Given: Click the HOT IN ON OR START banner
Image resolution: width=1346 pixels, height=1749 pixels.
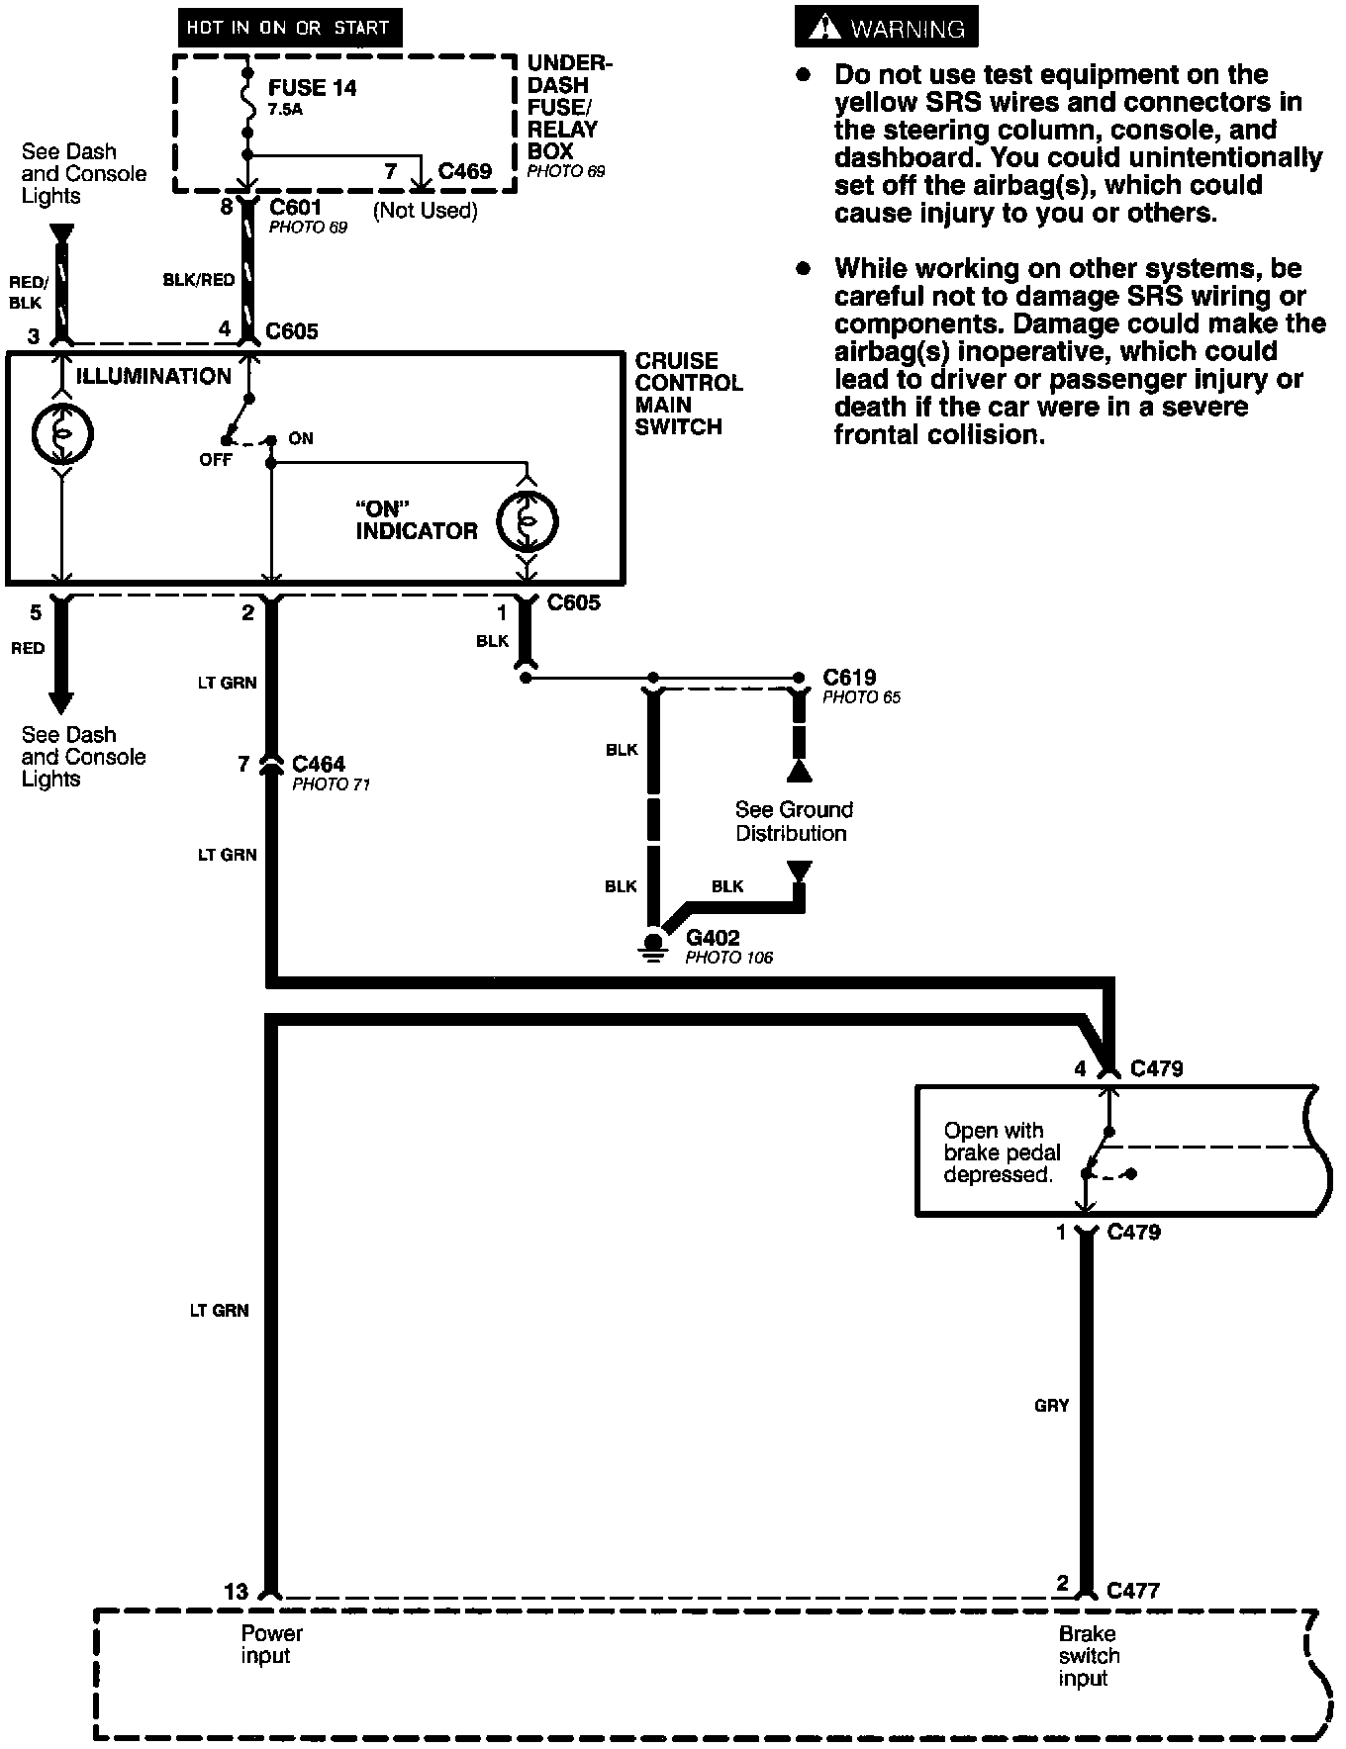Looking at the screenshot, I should [x=287, y=28].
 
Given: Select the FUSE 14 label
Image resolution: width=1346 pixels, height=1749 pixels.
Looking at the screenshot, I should [x=312, y=88].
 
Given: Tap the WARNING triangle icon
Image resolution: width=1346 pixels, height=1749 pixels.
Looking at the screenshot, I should [x=824, y=29].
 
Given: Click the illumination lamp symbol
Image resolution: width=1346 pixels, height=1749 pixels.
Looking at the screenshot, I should [x=62, y=432].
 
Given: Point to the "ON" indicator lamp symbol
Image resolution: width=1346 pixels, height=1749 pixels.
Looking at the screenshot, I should [x=528, y=521].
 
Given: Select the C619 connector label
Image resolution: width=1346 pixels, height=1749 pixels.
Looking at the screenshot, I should [x=849, y=678].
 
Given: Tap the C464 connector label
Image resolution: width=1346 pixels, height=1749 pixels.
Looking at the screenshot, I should [x=318, y=764].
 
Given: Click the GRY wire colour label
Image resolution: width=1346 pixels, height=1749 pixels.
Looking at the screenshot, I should [x=1051, y=1405].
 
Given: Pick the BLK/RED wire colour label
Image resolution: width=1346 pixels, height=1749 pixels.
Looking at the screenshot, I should [x=199, y=280].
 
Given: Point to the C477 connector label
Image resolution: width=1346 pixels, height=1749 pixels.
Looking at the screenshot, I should [x=1132, y=1591].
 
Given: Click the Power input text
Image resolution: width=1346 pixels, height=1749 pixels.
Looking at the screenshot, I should [x=271, y=1644].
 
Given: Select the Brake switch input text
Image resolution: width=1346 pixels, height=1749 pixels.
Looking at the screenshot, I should [x=1089, y=1656].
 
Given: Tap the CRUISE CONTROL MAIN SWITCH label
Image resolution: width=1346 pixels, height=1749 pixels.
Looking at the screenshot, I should [x=688, y=394].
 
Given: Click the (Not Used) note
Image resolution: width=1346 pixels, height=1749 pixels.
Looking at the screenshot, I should [x=425, y=210].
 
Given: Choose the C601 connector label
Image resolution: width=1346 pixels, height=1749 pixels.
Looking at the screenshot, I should [x=295, y=208].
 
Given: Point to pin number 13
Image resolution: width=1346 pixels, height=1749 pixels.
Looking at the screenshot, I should [x=236, y=1592].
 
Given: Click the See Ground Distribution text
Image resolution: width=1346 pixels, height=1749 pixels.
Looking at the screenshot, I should [x=793, y=821].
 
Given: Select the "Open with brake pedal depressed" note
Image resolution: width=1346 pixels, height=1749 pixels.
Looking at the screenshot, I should [x=1001, y=1152].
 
